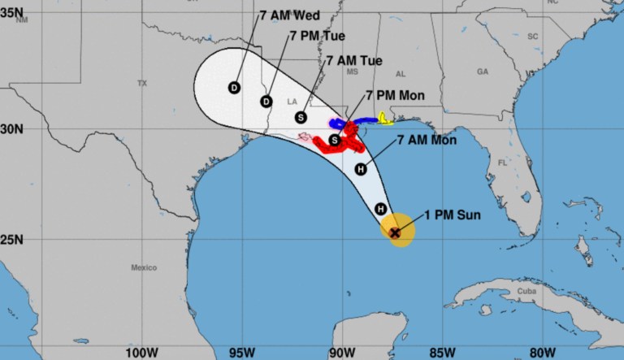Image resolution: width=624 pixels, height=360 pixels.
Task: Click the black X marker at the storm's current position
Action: [395, 232]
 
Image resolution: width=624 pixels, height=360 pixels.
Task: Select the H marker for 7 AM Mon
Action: [362, 169]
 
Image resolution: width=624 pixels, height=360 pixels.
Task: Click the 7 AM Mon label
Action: [427, 141]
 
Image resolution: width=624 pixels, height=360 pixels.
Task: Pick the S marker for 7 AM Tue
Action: [301, 117]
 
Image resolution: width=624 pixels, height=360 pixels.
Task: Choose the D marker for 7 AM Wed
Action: [234, 88]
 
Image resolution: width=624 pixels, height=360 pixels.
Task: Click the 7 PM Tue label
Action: [318, 37]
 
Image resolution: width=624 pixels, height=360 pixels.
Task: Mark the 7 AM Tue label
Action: [354, 61]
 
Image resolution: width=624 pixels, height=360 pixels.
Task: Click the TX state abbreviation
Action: [142, 83]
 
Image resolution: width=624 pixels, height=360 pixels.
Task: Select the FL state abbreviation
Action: [501, 162]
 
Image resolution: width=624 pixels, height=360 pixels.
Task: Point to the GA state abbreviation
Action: [483, 72]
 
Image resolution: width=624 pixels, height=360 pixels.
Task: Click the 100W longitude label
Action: [141, 353]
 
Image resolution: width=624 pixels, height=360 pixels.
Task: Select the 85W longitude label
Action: [442, 353]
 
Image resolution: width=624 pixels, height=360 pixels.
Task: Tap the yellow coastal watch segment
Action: [385, 120]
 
